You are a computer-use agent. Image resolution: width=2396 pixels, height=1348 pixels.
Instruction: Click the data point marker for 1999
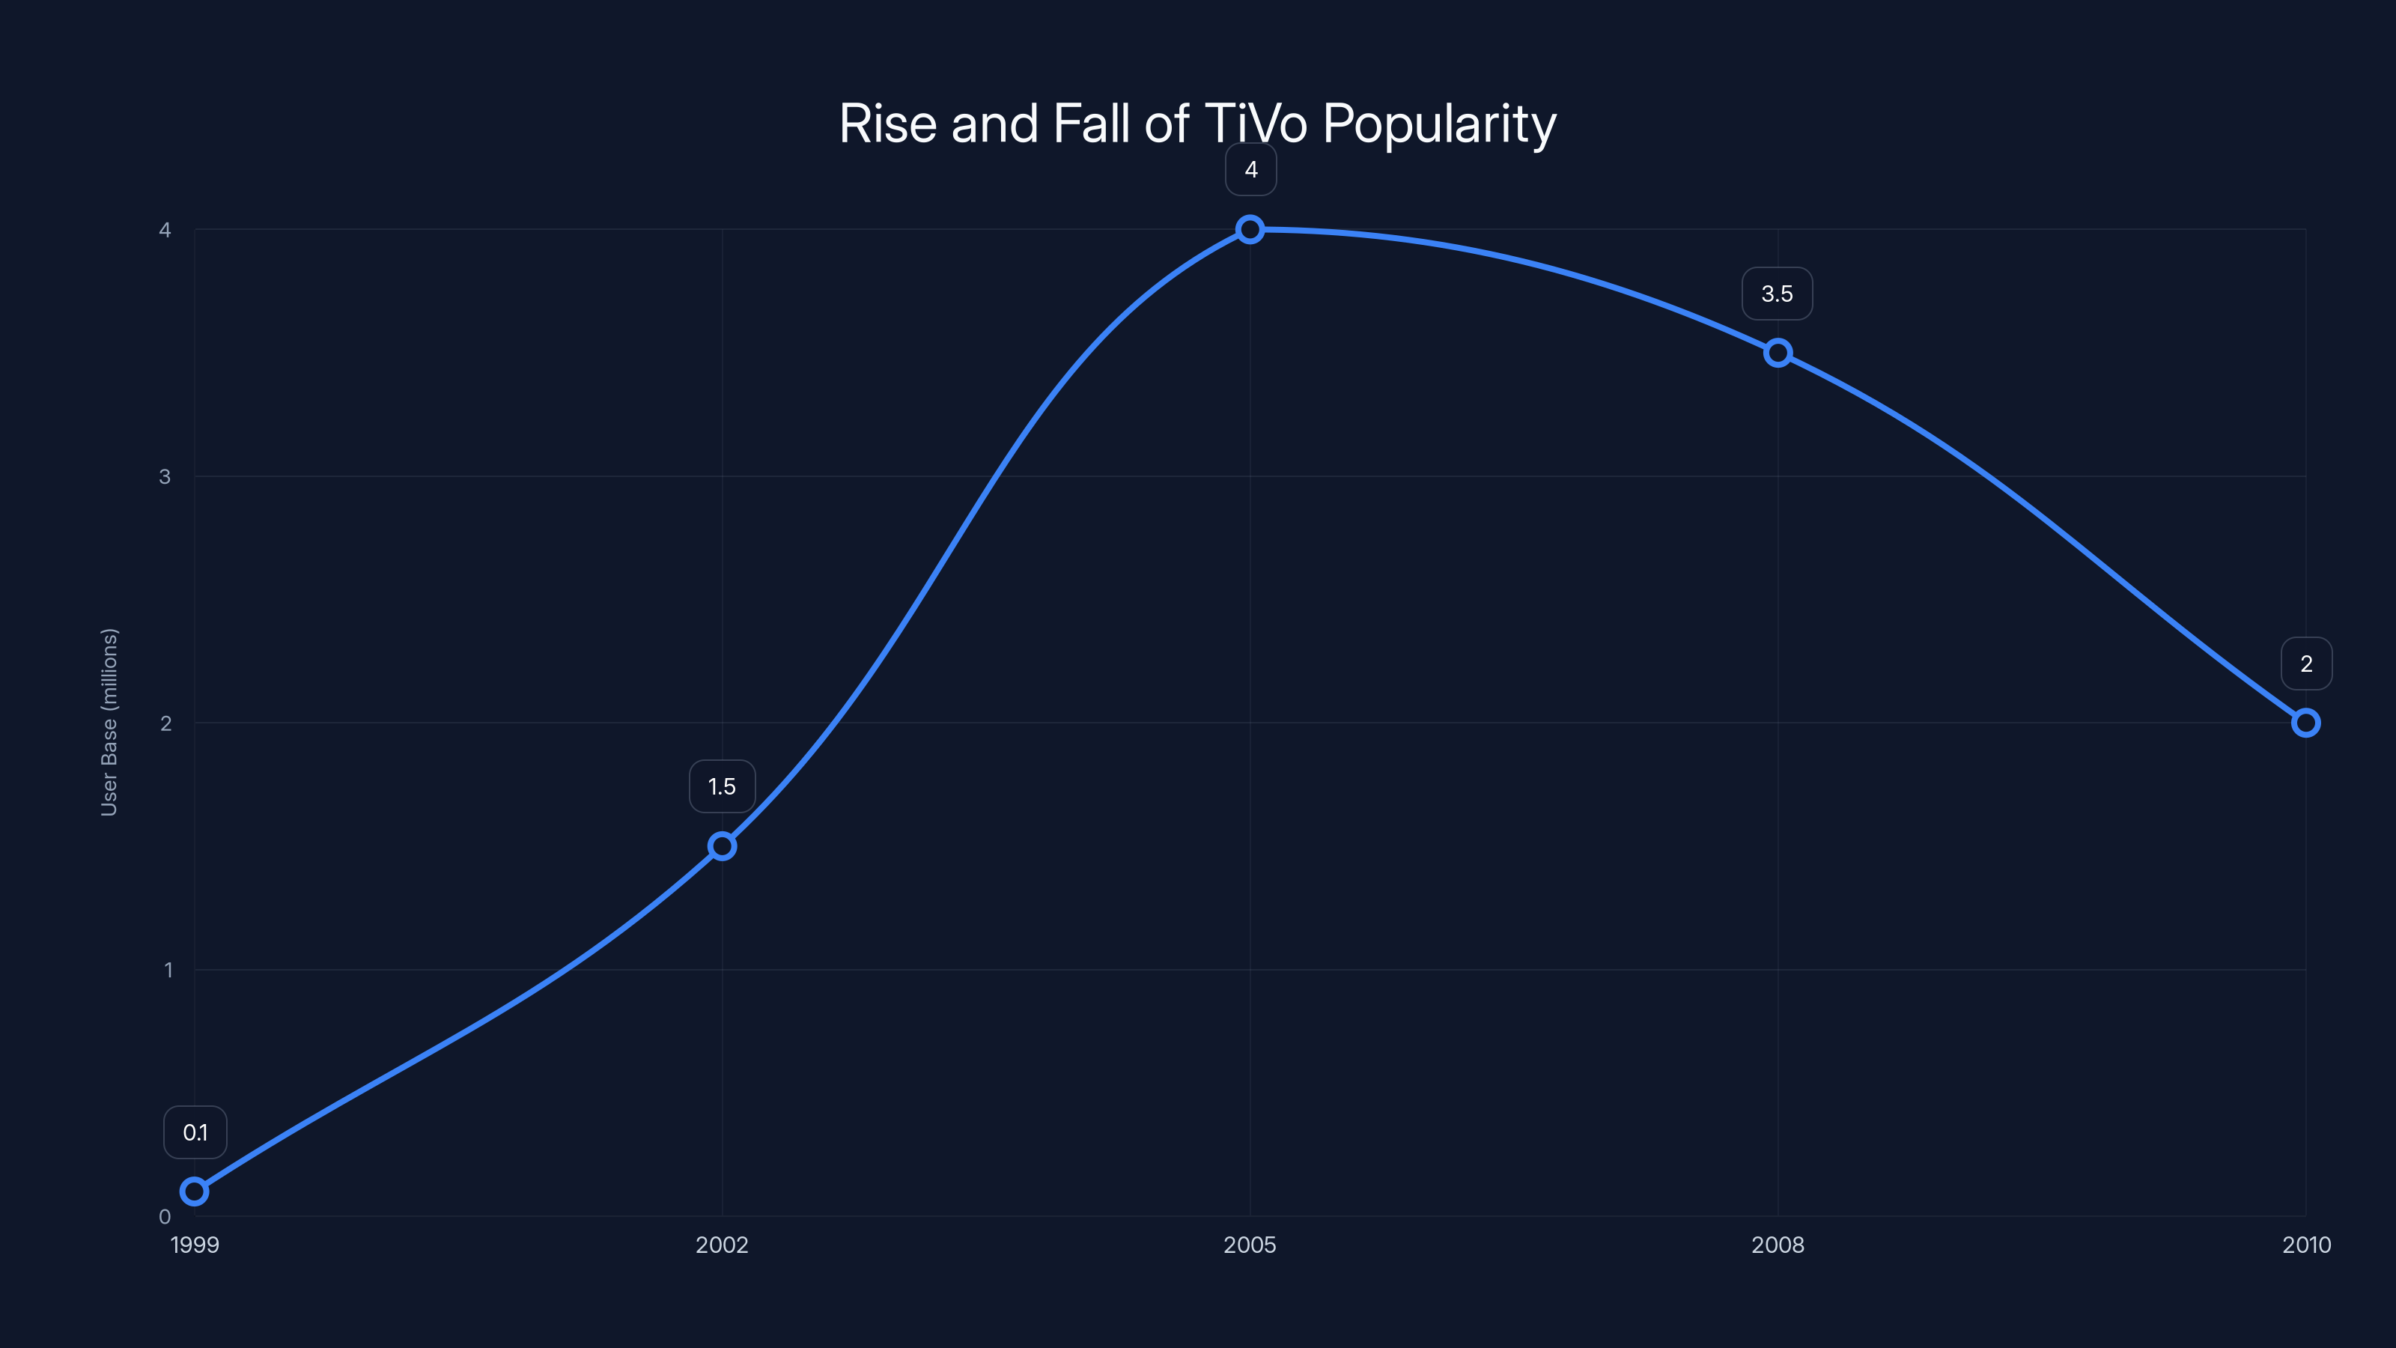pos(195,1191)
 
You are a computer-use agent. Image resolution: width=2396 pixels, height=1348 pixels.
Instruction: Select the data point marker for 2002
pos(722,846)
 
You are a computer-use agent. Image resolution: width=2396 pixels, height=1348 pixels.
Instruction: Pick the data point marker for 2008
pos(1778,353)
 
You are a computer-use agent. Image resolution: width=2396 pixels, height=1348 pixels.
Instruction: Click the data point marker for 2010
pos(2306,723)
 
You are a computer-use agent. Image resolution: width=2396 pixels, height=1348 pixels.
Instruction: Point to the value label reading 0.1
pos(195,1132)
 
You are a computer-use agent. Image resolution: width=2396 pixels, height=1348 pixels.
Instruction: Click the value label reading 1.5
pos(722,787)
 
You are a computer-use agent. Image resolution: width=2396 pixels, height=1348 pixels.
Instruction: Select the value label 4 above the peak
pos(1250,169)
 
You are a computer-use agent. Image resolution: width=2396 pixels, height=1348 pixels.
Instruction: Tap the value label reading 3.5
pos(1777,294)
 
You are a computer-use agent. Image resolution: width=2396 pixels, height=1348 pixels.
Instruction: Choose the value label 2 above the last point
pos(2306,664)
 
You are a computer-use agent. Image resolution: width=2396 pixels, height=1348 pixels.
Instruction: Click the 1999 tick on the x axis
pos(195,1245)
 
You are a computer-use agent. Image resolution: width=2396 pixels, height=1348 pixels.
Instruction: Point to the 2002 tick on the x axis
pos(722,1245)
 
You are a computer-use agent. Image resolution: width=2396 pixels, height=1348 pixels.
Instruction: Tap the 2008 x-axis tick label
pos(1778,1245)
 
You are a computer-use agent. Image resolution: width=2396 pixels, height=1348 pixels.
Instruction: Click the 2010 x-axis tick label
pos(2306,1245)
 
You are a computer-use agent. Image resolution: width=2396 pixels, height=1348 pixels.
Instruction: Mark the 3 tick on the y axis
pos(165,476)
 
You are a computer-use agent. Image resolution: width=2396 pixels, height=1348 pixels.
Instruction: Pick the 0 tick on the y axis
pos(165,1217)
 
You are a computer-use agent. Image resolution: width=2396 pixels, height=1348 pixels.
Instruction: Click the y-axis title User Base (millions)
pos(109,722)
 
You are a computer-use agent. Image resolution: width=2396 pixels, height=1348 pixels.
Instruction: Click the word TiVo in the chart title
pos(1256,124)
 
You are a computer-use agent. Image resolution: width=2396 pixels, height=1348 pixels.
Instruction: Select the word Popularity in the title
pos(1439,124)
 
